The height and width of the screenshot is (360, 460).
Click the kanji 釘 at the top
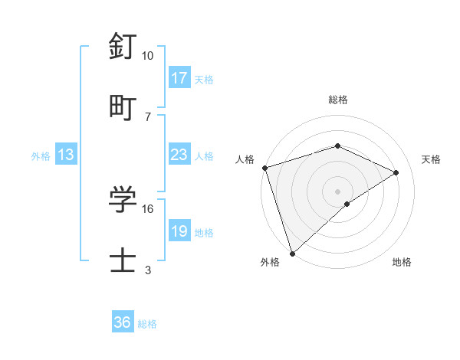123,47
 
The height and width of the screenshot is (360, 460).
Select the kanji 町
123,107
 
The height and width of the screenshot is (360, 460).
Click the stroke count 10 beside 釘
148,56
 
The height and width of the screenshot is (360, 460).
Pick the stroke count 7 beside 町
148,116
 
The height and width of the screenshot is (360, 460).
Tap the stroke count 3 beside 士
148,270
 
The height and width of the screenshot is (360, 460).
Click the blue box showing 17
179,78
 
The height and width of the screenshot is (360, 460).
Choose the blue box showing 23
179,155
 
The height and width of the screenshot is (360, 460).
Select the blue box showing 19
179,231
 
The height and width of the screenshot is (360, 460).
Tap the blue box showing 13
66,155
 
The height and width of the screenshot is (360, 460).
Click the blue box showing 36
123,323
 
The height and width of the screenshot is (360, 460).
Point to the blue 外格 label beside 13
41,156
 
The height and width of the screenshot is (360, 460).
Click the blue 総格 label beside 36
147,324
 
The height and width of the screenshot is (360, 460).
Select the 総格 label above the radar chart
337,100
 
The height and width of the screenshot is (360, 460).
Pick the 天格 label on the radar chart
431,159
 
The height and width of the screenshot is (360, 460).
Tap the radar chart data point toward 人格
264,168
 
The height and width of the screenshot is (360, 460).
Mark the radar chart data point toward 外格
292,253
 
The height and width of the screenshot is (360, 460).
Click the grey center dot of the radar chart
337,191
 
